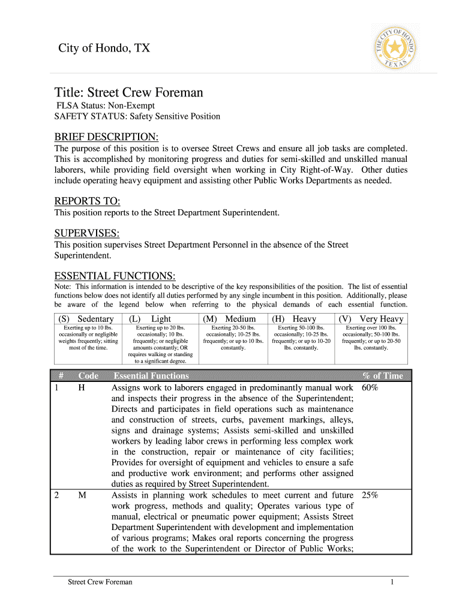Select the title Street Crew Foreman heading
coord(129,92)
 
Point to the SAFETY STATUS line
coord(137,116)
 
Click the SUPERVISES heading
coord(87,232)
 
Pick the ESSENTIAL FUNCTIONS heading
coord(115,276)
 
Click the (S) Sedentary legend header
coord(86,319)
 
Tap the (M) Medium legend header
coord(230,319)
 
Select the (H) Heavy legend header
coord(294,319)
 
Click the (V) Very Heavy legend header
coord(371,319)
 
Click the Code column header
coord(88,376)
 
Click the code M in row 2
coord(82,495)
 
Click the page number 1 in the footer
coord(391,582)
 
